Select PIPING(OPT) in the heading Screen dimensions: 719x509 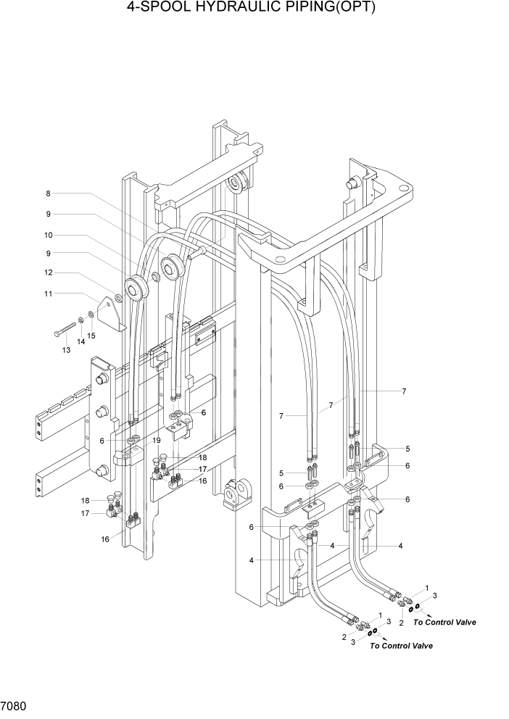[x=323, y=9]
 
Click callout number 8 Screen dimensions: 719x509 [x=49, y=194]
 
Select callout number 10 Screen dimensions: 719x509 [x=49, y=235]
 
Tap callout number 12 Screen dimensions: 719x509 [x=49, y=273]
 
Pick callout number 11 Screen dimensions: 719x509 [x=49, y=294]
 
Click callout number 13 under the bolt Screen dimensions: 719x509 [x=66, y=350]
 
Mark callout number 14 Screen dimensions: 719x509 [x=80, y=341]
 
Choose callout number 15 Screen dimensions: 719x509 [x=91, y=336]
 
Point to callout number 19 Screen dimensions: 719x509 [x=157, y=440]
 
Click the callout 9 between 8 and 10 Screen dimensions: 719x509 [x=49, y=214]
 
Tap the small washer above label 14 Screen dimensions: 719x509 [x=80, y=320]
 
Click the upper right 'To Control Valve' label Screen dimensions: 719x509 [x=444, y=622]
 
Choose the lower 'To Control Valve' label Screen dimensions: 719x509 [x=401, y=645]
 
